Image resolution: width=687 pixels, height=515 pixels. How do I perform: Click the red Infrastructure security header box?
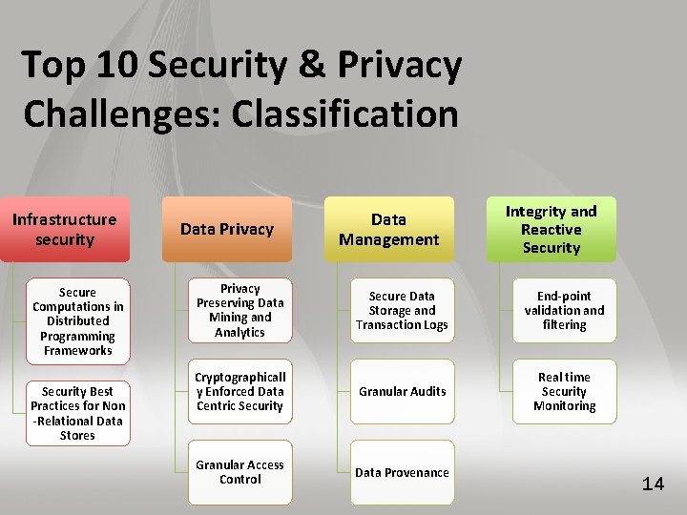coord(65,229)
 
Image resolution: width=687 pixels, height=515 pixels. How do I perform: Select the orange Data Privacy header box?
coord(227,229)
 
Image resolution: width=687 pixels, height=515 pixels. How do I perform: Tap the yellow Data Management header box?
coord(389,229)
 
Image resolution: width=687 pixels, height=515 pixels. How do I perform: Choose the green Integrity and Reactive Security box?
coord(551,229)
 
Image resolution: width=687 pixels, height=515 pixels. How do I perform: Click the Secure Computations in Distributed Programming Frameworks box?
coord(78,321)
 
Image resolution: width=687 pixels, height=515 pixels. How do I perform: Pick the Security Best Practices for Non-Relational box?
coord(78,413)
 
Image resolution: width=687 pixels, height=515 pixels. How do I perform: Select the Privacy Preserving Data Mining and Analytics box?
coord(240,310)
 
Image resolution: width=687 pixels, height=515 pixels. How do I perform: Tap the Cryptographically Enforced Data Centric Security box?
coord(240,391)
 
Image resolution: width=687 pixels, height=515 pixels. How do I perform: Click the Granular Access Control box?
coord(240,472)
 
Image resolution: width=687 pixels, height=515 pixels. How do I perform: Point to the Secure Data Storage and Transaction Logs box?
coord(402,310)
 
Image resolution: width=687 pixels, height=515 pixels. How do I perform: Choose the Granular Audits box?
coord(402,391)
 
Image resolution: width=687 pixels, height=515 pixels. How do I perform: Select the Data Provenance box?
coord(402,472)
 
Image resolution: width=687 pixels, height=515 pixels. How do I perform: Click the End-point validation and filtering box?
coord(564,310)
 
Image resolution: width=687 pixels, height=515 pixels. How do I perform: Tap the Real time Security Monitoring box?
coord(564,391)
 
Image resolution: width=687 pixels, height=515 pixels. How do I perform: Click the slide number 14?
coord(653,484)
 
